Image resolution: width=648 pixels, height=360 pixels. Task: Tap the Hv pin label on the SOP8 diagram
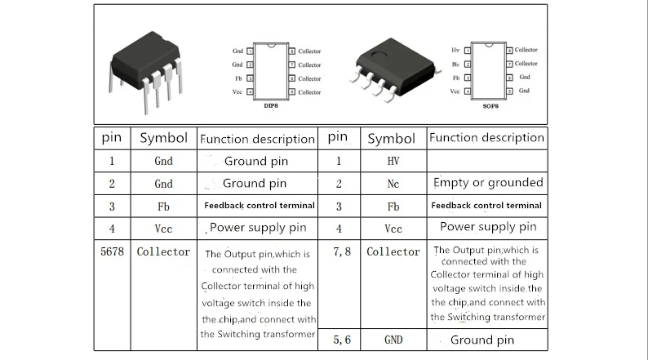[x=455, y=51]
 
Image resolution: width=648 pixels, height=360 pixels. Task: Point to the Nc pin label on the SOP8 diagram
[x=455, y=64]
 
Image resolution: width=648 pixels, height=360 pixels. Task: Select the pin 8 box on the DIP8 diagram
[x=293, y=51]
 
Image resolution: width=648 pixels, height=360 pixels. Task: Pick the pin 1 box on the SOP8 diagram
[x=467, y=51]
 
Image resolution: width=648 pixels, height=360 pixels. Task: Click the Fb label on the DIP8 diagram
[x=237, y=78]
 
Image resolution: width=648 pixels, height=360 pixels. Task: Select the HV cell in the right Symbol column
[x=393, y=161]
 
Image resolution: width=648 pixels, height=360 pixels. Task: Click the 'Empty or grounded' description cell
[x=488, y=182]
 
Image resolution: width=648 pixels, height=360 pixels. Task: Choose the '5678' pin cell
[x=111, y=252]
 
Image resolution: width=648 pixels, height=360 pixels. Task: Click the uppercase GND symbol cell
[x=393, y=339]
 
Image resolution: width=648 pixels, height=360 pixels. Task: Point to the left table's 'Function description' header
[x=258, y=139]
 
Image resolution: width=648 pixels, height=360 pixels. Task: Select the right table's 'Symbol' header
[x=392, y=139]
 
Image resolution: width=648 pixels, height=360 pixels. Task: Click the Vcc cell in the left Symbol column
[x=163, y=229]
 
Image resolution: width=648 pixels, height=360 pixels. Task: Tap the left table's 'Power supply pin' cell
[x=258, y=228]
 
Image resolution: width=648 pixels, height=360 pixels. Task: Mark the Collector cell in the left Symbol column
[x=163, y=252]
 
